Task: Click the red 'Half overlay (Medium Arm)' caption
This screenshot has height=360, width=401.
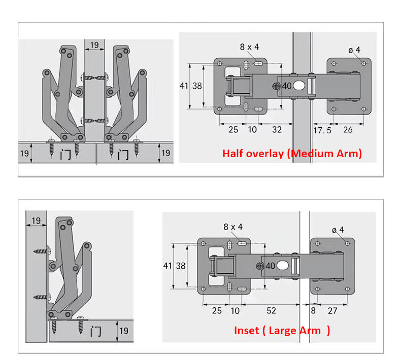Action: (x=292, y=154)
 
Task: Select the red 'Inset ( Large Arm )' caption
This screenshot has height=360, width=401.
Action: (x=282, y=331)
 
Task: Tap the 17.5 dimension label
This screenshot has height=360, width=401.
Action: (x=322, y=130)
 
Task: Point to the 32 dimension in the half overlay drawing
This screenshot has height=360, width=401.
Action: (x=277, y=129)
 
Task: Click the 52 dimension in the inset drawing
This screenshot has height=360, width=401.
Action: (x=272, y=310)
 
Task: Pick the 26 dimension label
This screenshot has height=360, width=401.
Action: (x=348, y=130)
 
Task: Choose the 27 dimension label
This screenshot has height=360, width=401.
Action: (x=332, y=311)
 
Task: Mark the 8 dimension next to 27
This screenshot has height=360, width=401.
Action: (x=313, y=310)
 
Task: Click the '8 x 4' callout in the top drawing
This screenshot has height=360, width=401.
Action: (x=249, y=47)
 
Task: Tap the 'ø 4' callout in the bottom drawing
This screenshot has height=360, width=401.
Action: (x=338, y=230)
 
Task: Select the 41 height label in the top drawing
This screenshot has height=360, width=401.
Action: (x=184, y=86)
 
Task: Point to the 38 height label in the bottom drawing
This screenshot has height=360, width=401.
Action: (x=181, y=266)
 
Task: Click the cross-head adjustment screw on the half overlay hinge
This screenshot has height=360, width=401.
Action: (x=276, y=86)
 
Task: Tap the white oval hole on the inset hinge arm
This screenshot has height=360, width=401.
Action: (x=282, y=266)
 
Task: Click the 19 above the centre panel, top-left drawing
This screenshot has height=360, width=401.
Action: (x=94, y=45)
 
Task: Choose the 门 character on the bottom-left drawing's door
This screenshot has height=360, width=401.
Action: (x=95, y=332)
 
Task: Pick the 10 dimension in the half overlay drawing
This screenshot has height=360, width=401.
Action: (x=252, y=129)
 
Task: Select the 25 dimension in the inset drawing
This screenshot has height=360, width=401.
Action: (x=217, y=310)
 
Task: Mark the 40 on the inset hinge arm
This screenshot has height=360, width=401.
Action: (x=270, y=266)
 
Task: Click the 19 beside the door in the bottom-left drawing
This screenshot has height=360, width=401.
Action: (x=124, y=331)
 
